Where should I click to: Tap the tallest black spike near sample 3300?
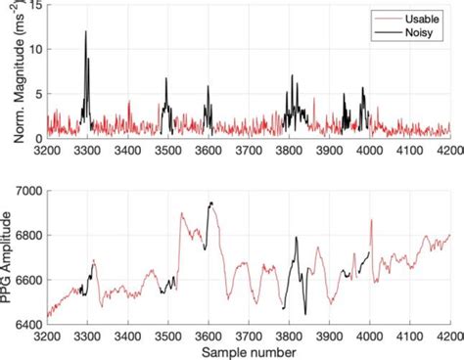click(x=86, y=33)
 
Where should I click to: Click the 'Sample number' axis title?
click(x=248, y=349)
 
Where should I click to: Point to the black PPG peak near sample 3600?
click(x=210, y=203)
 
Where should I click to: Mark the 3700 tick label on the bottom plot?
click(x=248, y=333)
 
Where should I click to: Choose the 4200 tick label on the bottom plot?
click(x=448, y=333)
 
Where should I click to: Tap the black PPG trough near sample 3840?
click(x=304, y=312)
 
